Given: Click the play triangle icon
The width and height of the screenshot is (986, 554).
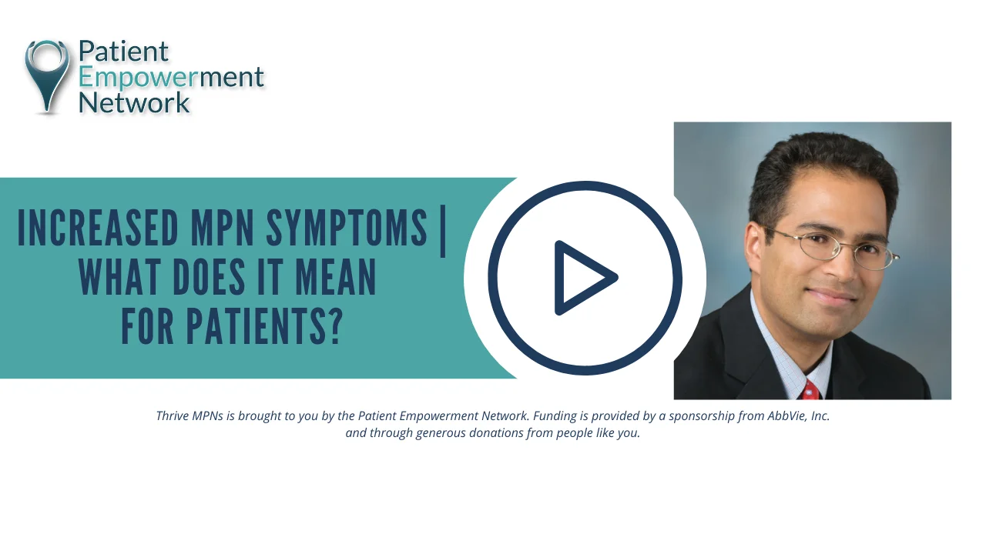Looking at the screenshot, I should coord(584,278).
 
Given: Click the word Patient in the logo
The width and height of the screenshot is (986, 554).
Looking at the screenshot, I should coord(123,52).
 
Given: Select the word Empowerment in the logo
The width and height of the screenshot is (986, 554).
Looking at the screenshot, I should coord(171,77).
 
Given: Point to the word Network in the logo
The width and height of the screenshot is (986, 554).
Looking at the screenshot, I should coord(134,102).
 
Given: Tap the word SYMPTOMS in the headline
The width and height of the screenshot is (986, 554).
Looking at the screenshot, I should coord(347,229).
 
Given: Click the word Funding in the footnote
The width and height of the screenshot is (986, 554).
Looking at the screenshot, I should coord(555,416).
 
